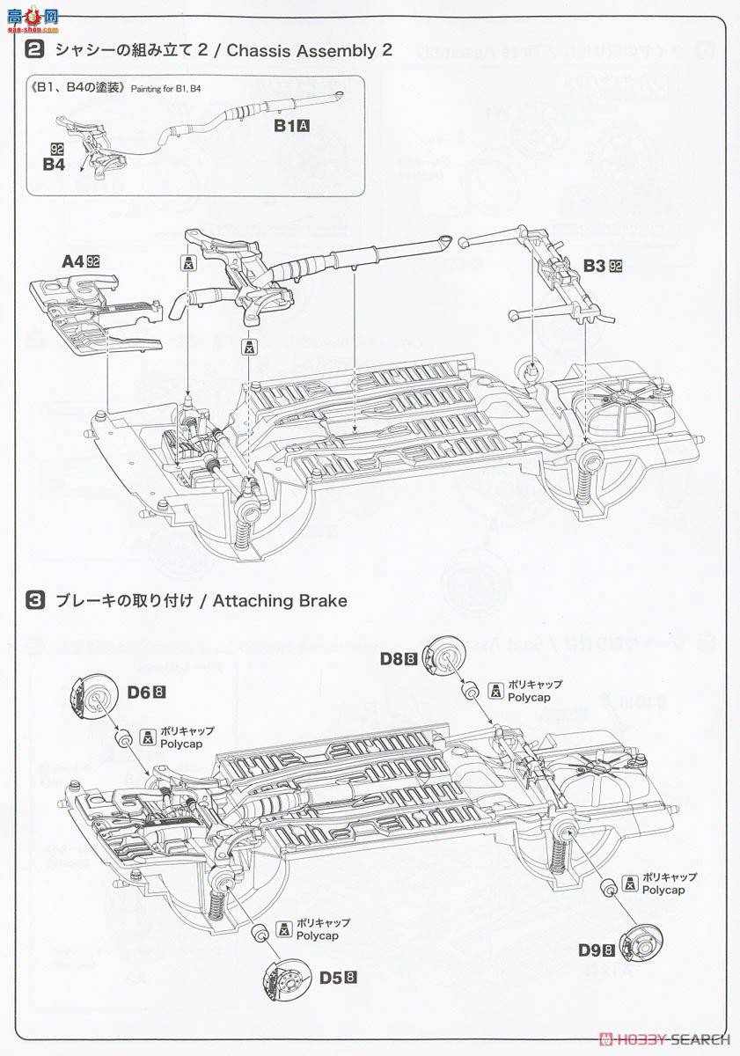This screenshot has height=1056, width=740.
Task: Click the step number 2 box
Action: [x=35, y=50]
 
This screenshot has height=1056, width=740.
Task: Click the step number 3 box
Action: [x=35, y=601]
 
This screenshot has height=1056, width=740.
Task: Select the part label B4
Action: [x=55, y=163]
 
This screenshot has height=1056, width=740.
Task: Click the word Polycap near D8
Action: [x=529, y=698]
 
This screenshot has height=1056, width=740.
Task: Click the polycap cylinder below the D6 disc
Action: [x=125, y=737]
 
